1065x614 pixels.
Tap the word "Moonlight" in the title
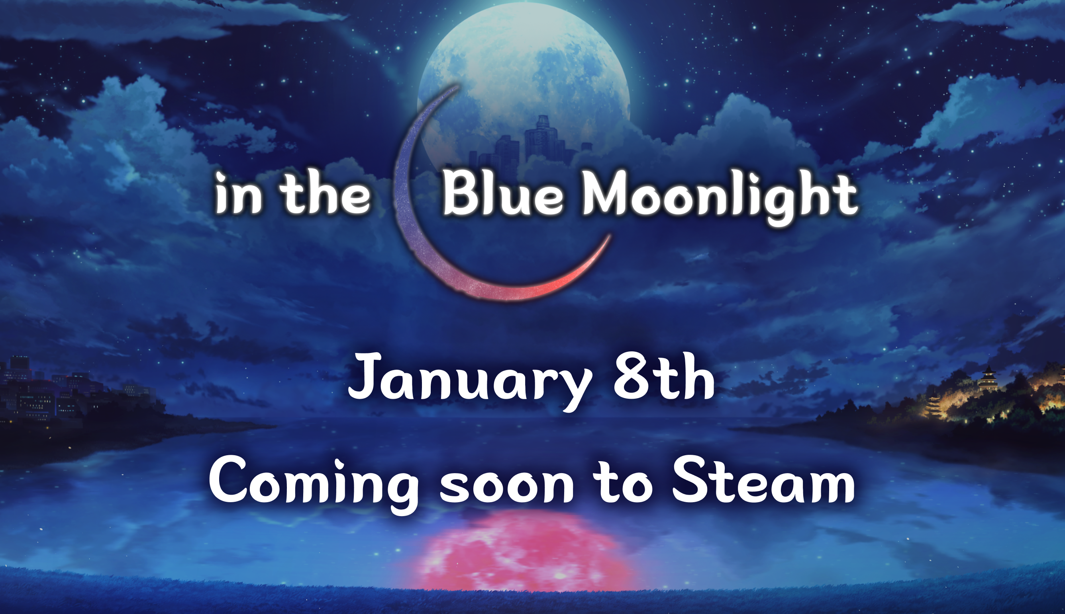(720, 197)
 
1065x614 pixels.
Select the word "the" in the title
(325, 192)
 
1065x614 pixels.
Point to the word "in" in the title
(239, 193)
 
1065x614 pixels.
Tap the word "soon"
(506, 486)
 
